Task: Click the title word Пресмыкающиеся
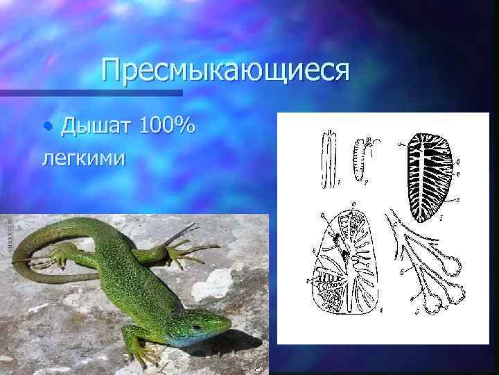(225, 70)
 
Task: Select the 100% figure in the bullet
(167, 126)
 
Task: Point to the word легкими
(84, 158)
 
